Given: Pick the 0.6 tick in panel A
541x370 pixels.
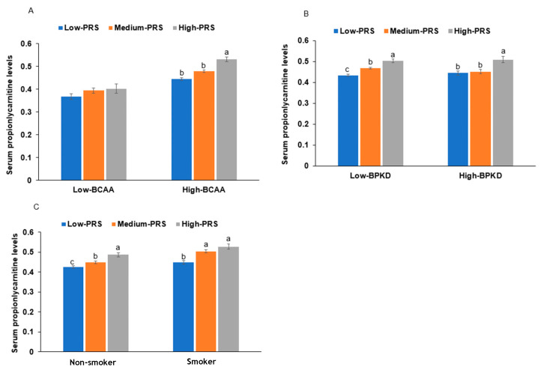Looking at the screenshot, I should tap(26, 44).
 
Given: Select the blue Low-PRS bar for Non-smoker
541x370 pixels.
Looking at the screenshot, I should tap(73, 309).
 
